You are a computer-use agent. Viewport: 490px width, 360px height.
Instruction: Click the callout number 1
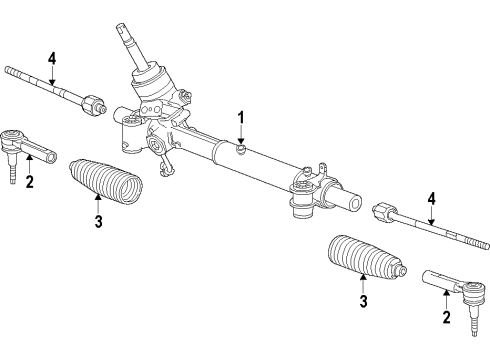[240, 118]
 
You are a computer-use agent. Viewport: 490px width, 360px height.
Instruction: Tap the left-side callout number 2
[30, 181]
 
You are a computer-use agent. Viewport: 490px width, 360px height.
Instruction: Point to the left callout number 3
[98, 222]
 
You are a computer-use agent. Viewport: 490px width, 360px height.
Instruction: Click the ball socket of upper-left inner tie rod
[93, 103]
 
